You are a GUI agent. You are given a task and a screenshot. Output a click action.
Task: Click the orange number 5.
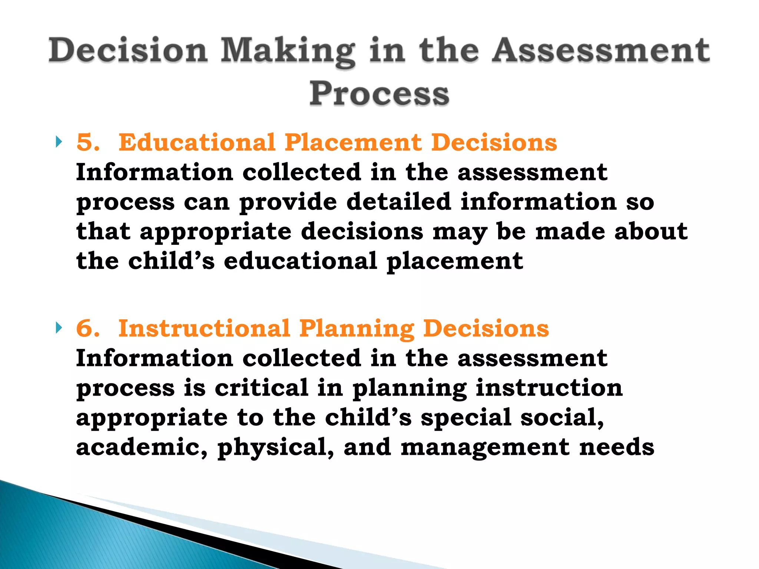tap(88, 143)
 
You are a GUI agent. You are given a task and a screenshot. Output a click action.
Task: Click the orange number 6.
tap(88, 329)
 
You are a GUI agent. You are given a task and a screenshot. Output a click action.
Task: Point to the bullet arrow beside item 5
tap(59, 142)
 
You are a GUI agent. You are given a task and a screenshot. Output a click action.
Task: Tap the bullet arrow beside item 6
tap(59, 327)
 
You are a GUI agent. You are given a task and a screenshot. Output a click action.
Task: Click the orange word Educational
tap(197, 143)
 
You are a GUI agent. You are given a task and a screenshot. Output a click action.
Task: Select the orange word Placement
tap(353, 143)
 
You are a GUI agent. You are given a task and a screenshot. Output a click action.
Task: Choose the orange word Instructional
tap(204, 329)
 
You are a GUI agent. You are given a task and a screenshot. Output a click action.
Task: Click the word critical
tap(262, 388)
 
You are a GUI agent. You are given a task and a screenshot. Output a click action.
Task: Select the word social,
tap(562, 417)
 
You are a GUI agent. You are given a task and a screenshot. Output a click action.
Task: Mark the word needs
tap(617, 447)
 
